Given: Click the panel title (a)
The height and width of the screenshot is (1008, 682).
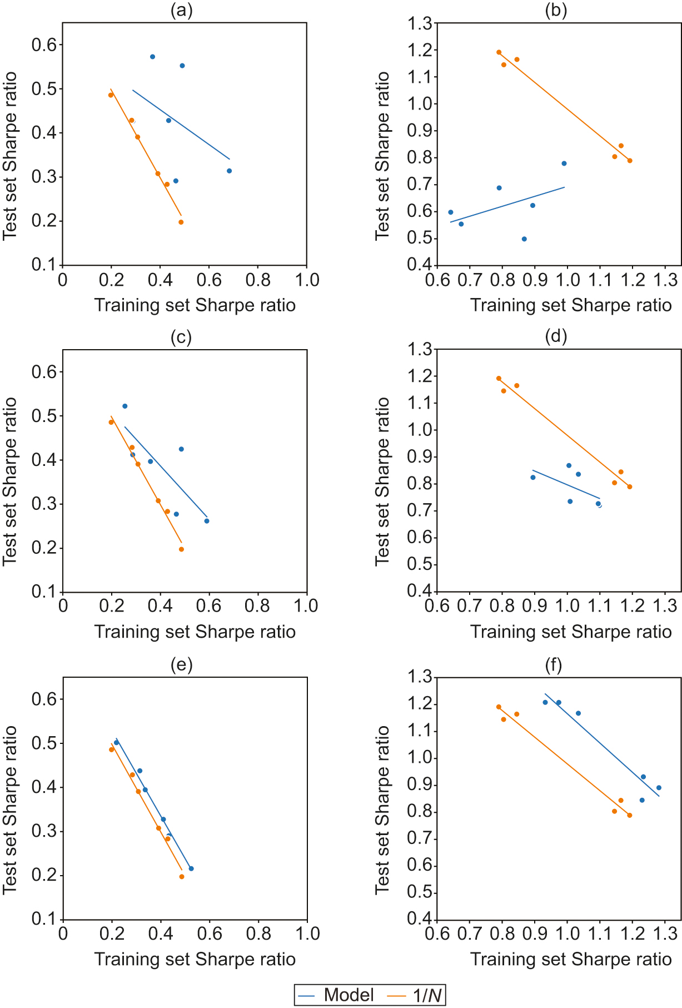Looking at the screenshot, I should tap(181, 11).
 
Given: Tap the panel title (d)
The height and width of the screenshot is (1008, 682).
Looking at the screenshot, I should tap(556, 336).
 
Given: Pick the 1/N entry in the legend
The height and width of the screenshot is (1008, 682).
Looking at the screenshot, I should tap(416, 995).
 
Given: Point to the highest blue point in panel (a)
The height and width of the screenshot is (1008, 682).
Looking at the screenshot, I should tap(152, 57).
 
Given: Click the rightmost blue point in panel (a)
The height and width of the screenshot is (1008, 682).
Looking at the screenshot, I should tap(229, 171).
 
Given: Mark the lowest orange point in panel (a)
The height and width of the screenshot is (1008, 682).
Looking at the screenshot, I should tap(181, 222).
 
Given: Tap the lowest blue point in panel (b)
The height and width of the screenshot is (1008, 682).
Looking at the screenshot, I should tap(524, 239).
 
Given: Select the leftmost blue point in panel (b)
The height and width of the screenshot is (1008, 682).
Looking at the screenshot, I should tap(450, 212).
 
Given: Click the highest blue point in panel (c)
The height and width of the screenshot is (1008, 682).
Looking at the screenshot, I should tap(125, 406).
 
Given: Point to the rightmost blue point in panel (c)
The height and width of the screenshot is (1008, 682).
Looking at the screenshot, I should tap(207, 521).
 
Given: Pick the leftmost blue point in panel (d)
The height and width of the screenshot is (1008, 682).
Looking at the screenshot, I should tap(533, 478).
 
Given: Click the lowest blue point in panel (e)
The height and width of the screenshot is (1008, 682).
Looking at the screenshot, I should tap(191, 868).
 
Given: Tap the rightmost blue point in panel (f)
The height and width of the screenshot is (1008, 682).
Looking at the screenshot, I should tap(659, 788).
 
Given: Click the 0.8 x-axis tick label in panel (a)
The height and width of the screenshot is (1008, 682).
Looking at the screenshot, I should tap(258, 279).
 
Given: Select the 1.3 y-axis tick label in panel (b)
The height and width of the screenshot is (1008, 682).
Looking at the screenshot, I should tap(420, 23).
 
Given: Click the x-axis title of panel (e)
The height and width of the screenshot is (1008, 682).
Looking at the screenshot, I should tap(195, 959).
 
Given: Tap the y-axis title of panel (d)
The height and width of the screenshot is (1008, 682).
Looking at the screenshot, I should tap(382, 481).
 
